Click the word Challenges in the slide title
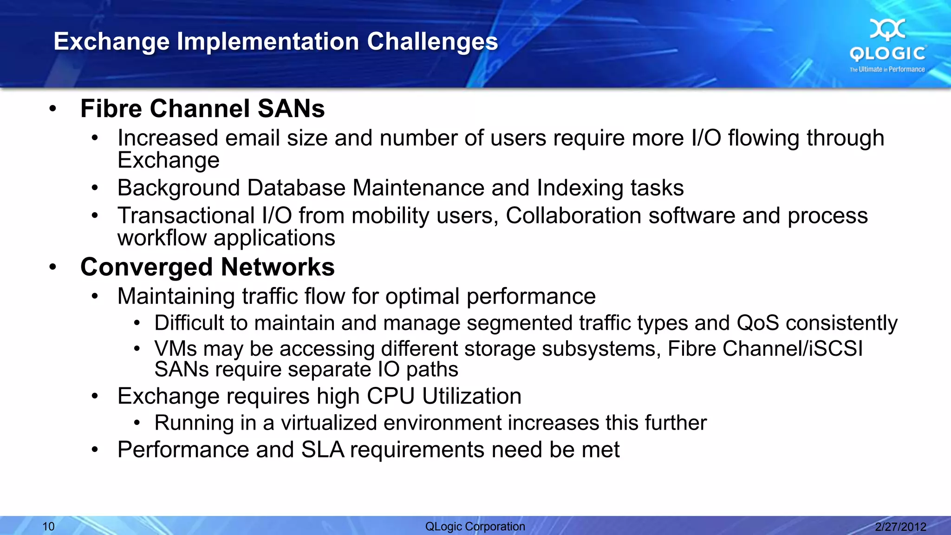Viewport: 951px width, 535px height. (x=432, y=42)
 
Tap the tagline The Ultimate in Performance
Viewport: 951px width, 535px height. (x=887, y=69)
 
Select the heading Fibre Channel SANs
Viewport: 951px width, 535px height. (x=202, y=109)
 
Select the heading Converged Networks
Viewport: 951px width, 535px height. (x=207, y=267)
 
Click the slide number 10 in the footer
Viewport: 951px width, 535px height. (x=48, y=526)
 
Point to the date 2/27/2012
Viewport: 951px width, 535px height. (x=900, y=526)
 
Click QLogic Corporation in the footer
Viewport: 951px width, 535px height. (x=475, y=526)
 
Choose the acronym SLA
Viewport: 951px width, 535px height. (x=322, y=450)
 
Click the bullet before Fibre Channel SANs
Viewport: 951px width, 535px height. (x=53, y=109)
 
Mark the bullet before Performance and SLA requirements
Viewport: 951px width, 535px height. (x=95, y=450)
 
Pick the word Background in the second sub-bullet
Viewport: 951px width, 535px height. (x=178, y=188)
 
